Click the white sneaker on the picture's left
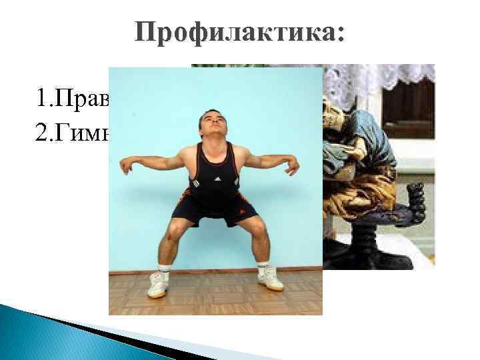click(x=158, y=285)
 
